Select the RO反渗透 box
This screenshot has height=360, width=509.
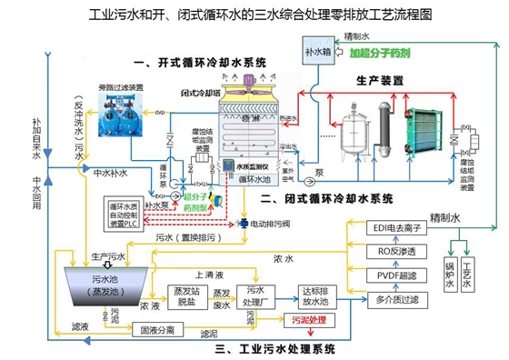[397, 250]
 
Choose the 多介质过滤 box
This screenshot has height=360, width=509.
[397, 296]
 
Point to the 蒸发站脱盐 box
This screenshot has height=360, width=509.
[185, 296]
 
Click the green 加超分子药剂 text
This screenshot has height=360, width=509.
[381, 53]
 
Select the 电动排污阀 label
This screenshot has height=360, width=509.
[278, 222]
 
